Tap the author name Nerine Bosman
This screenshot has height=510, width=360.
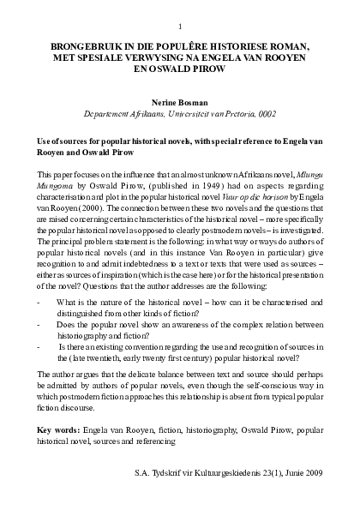[180, 99]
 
